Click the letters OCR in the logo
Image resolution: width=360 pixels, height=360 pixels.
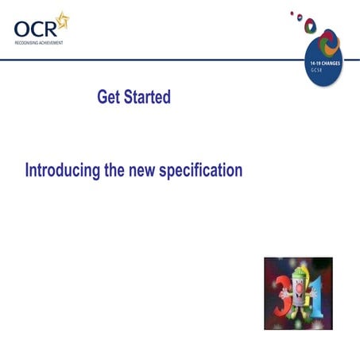(36, 29)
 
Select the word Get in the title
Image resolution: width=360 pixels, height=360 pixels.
(110, 97)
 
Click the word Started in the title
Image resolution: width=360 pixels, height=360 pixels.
(148, 97)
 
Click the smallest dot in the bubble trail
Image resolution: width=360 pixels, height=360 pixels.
(292, 12)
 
